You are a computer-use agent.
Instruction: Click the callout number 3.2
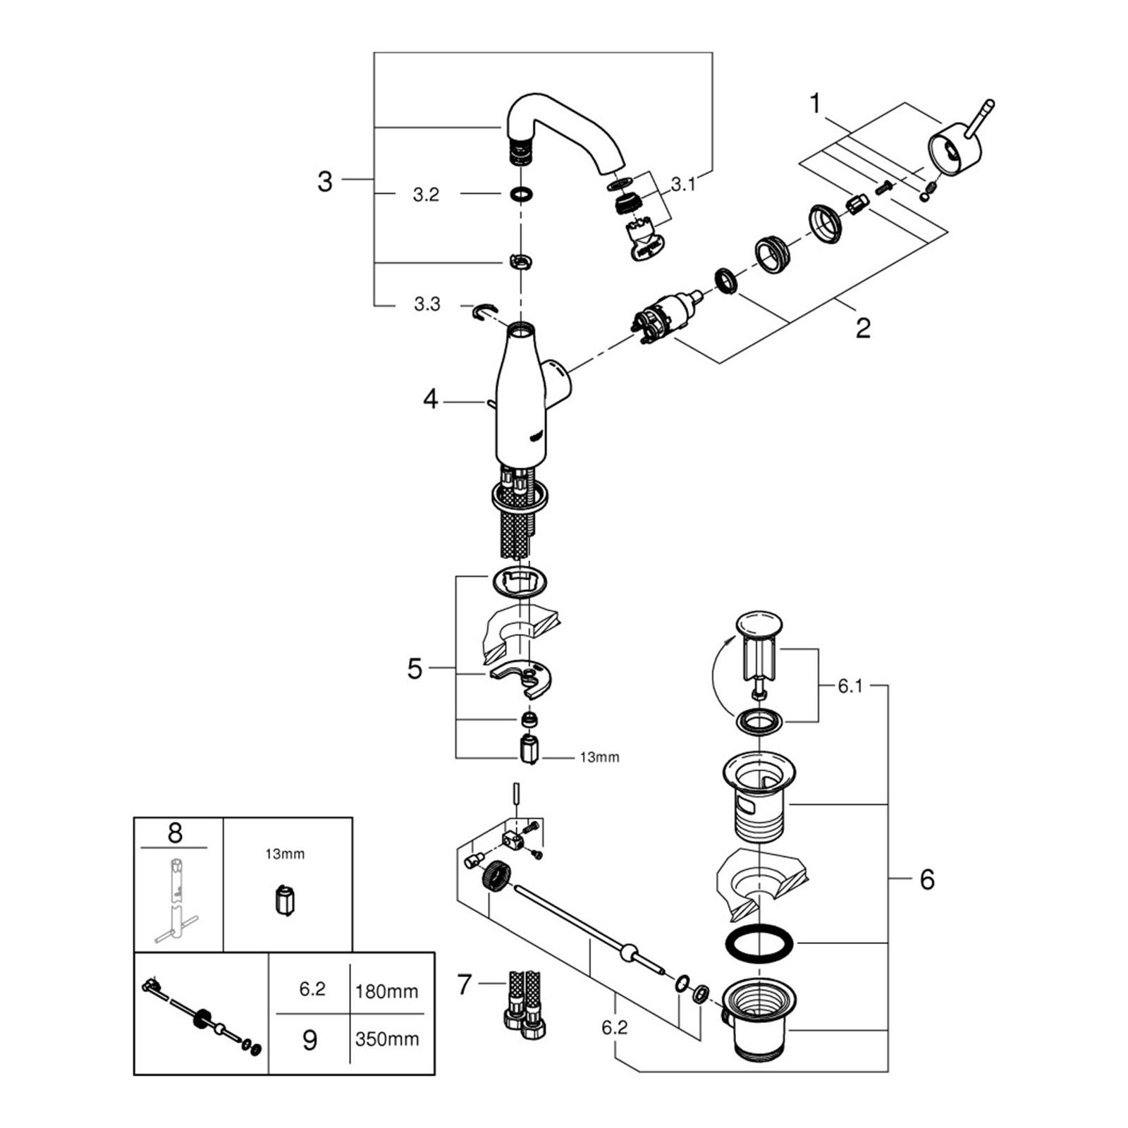426,195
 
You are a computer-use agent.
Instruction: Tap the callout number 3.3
427,305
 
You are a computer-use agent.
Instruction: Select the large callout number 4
430,400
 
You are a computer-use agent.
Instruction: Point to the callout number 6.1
850,686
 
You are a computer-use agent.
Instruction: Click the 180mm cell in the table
387,991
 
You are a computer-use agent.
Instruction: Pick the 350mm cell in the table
387,1038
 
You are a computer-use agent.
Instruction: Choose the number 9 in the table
309,1040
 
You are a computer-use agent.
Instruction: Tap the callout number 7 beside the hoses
463,984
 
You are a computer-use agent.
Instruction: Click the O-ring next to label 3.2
520,194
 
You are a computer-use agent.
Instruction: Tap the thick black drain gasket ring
758,943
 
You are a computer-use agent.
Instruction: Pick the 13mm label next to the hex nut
599,757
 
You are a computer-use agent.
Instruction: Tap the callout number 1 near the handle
816,104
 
